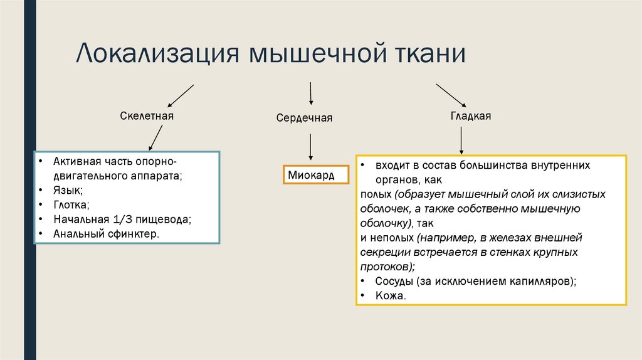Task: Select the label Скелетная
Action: pyautogui.click(x=147, y=116)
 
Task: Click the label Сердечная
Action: pyautogui.click(x=304, y=118)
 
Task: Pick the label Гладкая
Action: pyautogui.click(x=470, y=116)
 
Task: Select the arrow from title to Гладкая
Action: pyautogui.click(x=451, y=94)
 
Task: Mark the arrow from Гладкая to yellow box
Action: pyautogui.click(x=461, y=140)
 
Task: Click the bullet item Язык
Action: pyautogui.click(x=68, y=190)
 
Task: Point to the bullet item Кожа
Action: pyautogui.click(x=390, y=296)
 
